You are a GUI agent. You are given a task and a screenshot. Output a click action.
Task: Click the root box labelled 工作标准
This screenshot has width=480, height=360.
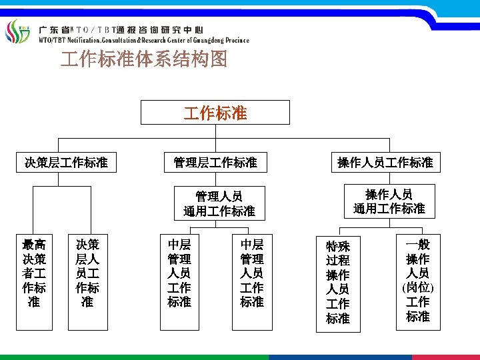(215, 113)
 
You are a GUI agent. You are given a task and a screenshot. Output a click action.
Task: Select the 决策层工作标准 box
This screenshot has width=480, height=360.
(66, 161)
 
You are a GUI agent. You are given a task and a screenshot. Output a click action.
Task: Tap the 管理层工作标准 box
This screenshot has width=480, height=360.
(215, 161)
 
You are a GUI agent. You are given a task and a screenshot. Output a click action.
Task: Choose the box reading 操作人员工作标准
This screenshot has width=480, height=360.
(385, 161)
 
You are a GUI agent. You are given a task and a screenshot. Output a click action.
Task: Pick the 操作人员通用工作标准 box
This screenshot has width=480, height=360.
(389, 201)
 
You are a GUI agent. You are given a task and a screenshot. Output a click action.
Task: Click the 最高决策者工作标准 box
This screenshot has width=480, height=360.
(34, 273)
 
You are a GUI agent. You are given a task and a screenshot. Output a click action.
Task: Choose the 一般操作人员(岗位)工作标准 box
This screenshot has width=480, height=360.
(417, 280)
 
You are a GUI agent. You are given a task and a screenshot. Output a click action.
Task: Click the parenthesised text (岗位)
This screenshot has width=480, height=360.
(417, 287)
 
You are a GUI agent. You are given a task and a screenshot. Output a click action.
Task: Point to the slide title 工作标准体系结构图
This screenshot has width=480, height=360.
(144, 60)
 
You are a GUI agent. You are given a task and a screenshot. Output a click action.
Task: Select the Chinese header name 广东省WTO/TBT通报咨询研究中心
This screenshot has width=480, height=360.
(120, 30)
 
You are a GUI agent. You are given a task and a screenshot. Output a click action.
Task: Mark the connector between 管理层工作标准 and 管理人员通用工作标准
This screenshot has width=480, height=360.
(215, 178)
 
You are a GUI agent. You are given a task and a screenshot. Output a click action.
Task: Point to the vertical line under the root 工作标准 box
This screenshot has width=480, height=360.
(215, 131)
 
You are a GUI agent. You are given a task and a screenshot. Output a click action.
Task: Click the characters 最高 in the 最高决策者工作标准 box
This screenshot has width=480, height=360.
(34, 245)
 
